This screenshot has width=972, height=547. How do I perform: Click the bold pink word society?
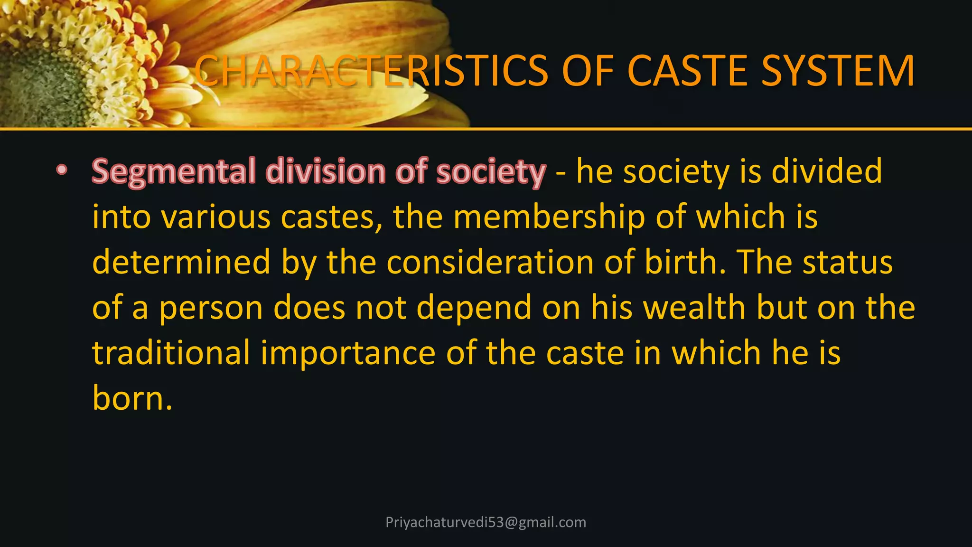tap(491, 172)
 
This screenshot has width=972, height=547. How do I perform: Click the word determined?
tap(181, 262)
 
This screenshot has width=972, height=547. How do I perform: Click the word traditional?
tap(171, 353)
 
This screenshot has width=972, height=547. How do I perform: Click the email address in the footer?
tap(486, 522)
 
